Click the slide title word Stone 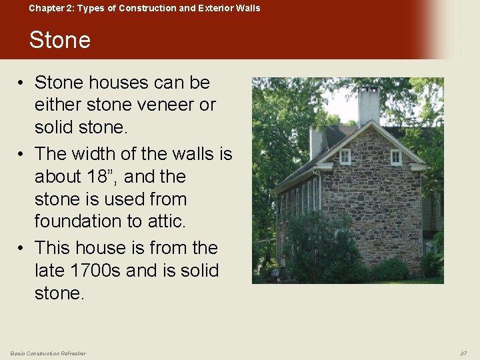tap(60, 40)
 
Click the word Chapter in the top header tap(47, 8)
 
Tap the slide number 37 tap(463, 353)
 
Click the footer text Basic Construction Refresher tap(48, 353)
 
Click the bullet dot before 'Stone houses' tap(22, 83)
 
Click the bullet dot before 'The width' tap(22, 155)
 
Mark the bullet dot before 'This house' tap(22, 249)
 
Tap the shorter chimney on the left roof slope tap(316, 141)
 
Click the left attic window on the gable tap(345, 156)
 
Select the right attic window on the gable tap(396, 157)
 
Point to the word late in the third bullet tap(52, 271)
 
